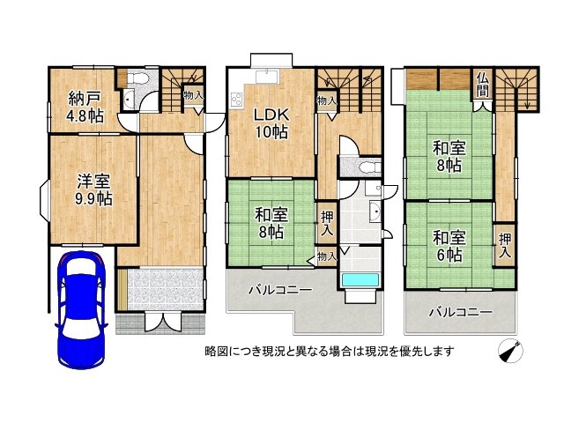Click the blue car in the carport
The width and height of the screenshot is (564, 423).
pyautogui.click(x=81, y=309)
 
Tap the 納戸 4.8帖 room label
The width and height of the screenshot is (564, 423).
pyautogui.click(x=85, y=108)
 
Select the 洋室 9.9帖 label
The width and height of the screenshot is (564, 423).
pyautogui.click(x=93, y=190)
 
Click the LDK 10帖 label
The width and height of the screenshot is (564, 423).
pyautogui.click(x=271, y=123)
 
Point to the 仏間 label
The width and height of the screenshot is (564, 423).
pyautogui.click(x=483, y=85)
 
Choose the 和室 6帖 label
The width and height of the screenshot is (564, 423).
pyautogui.click(x=449, y=247)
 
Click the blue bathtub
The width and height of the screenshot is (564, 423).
pyautogui.click(x=360, y=280)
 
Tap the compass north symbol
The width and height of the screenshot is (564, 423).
pyautogui.click(x=510, y=351)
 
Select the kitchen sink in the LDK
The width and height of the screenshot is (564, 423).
pyautogui.click(x=266, y=77)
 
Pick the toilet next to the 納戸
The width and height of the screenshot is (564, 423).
pyautogui.click(x=138, y=78)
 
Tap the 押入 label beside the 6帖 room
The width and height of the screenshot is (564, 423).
pyautogui.click(x=505, y=245)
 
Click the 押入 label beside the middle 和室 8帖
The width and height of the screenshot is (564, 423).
pyautogui.click(x=327, y=223)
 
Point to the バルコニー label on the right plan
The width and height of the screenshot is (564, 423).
pyautogui.click(x=461, y=312)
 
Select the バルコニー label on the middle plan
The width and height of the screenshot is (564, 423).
pyautogui.click(x=280, y=290)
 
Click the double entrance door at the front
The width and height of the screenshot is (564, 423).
pyautogui.click(x=163, y=321)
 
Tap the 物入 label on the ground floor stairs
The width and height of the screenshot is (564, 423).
pyautogui.click(x=194, y=95)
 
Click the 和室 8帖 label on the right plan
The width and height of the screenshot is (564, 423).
pyautogui.click(x=449, y=157)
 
